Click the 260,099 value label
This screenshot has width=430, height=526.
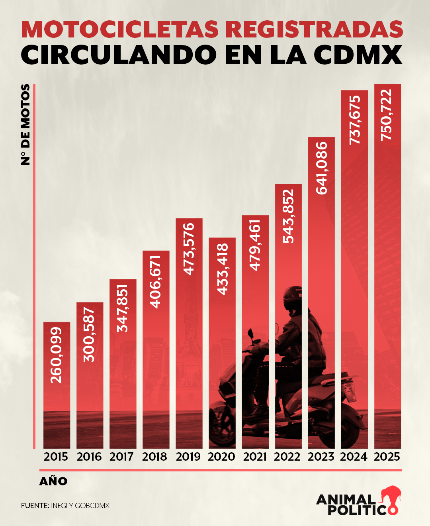pos(57,355)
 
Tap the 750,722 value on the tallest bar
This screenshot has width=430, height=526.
pos(387,115)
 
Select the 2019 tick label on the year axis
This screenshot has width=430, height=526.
pos(188,457)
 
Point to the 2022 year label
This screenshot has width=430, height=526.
pos(287,457)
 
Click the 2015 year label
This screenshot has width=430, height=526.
pos(56,457)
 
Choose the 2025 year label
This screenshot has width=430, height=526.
pos(387,457)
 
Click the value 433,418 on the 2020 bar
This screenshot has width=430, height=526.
pos(223,269)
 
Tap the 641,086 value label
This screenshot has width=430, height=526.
pos(321,168)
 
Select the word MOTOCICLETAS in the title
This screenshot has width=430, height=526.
pos(120,29)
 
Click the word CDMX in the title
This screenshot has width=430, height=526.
pos(358,55)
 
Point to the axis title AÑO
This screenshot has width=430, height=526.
pos(53,481)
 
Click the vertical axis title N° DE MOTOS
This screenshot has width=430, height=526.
pos(25,124)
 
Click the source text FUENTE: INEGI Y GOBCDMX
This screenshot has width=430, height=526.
pos(65,506)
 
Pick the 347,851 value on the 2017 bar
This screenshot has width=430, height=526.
pos(123,308)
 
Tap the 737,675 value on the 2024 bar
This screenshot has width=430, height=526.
pos(354,120)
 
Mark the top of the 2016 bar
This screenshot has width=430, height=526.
pos(90,303)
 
